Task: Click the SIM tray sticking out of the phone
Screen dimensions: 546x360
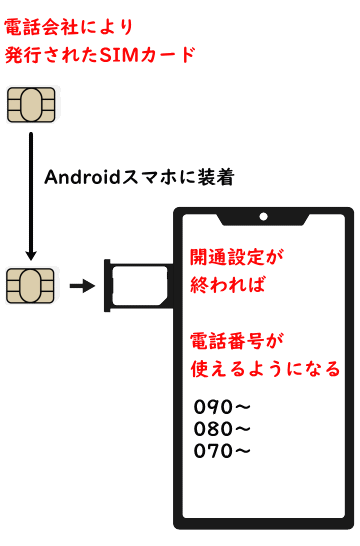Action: tap(135, 286)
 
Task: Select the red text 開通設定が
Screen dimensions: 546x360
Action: tap(237, 256)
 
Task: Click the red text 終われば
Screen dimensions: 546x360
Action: tap(227, 284)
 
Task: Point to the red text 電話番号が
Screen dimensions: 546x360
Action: tap(237, 340)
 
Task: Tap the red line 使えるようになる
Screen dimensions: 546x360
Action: tap(265, 368)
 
